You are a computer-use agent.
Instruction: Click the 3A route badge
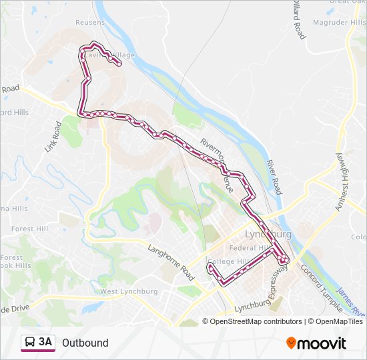38,343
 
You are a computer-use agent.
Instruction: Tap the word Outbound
85,343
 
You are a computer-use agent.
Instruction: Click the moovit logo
316,343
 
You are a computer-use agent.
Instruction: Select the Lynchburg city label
268,235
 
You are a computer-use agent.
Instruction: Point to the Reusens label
91,22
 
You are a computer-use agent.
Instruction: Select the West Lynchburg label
128,292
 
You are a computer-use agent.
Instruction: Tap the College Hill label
228,261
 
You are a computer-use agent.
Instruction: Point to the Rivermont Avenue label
216,161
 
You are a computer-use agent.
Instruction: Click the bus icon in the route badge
29,343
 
